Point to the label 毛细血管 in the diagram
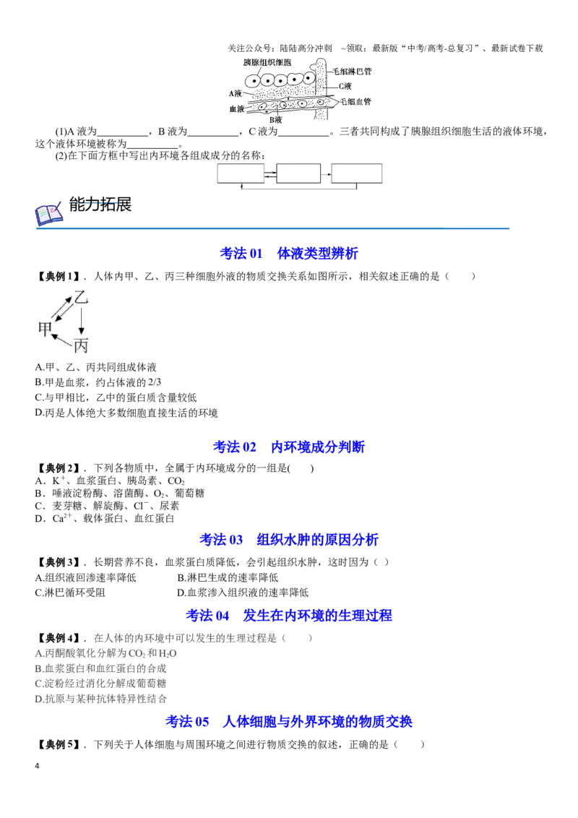click(x=355, y=102)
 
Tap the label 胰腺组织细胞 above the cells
click(x=267, y=63)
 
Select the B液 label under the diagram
click(x=275, y=120)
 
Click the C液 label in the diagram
click(x=345, y=86)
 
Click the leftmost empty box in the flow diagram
click(x=241, y=173)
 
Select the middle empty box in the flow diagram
click(x=298, y=173)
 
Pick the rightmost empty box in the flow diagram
click(x=357, y=173)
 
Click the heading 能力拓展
click(x=100, y=204)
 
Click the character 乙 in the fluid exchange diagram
click(x=81, y=298)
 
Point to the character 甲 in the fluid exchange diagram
click(x=46, y=329)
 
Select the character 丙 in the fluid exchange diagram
click(x=81, y=345)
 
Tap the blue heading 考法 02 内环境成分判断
click(x=289, y=447)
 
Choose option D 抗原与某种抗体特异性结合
click(x=100, y=699)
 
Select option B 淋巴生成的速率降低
click(x=228, y=577)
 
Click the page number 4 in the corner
click(x=37, y=766)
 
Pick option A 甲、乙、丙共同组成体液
click(x=95, y=367)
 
